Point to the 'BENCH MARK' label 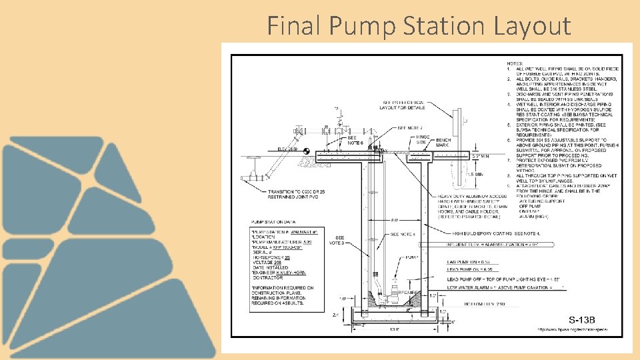pos(443,143)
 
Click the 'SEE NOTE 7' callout pos(410,128)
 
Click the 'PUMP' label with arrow pos(411,256)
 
